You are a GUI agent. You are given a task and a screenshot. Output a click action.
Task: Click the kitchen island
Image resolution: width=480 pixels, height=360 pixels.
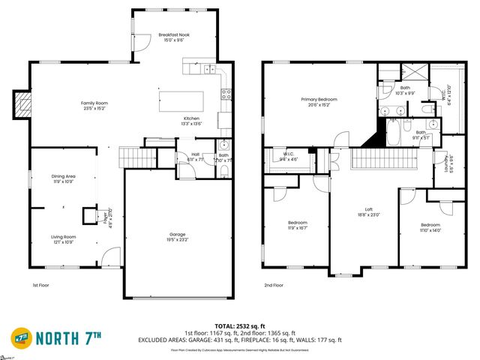(x=181, y=100)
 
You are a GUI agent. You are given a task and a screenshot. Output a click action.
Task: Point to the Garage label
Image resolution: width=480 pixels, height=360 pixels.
(x=178, y=236)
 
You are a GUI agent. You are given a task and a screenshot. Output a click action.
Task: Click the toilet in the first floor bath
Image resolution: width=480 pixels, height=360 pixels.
(x=225, y=171)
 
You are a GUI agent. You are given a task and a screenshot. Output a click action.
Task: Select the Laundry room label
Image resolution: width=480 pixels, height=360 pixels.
(x=447, y=164)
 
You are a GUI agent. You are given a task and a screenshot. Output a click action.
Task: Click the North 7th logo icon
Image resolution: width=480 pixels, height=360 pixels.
(x=22, y=337)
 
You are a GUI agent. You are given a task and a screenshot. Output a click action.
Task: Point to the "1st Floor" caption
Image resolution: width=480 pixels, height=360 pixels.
(x=40, y=285)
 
